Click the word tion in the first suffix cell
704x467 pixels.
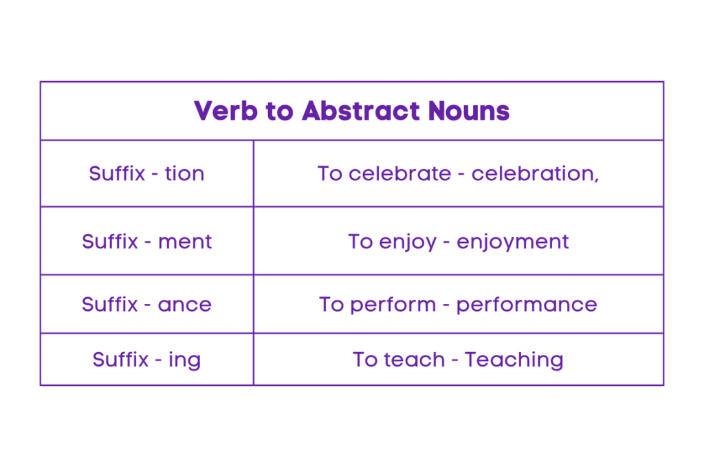[x=184, y=173]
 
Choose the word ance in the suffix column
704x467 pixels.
[x=184, y=304]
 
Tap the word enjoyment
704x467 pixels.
[x=512, y=241]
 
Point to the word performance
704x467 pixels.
[x=527, y=304]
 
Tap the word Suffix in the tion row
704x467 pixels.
[x=117, y=173]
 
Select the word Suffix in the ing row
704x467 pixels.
[x=120, y=359]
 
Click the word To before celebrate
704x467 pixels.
[x=330, y=173]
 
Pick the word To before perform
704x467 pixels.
[x=331, y=304]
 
